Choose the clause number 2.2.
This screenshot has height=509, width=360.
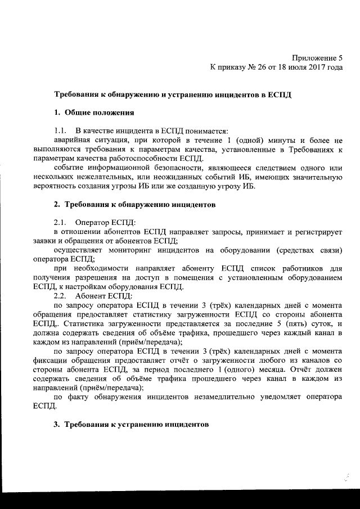(60, 296)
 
